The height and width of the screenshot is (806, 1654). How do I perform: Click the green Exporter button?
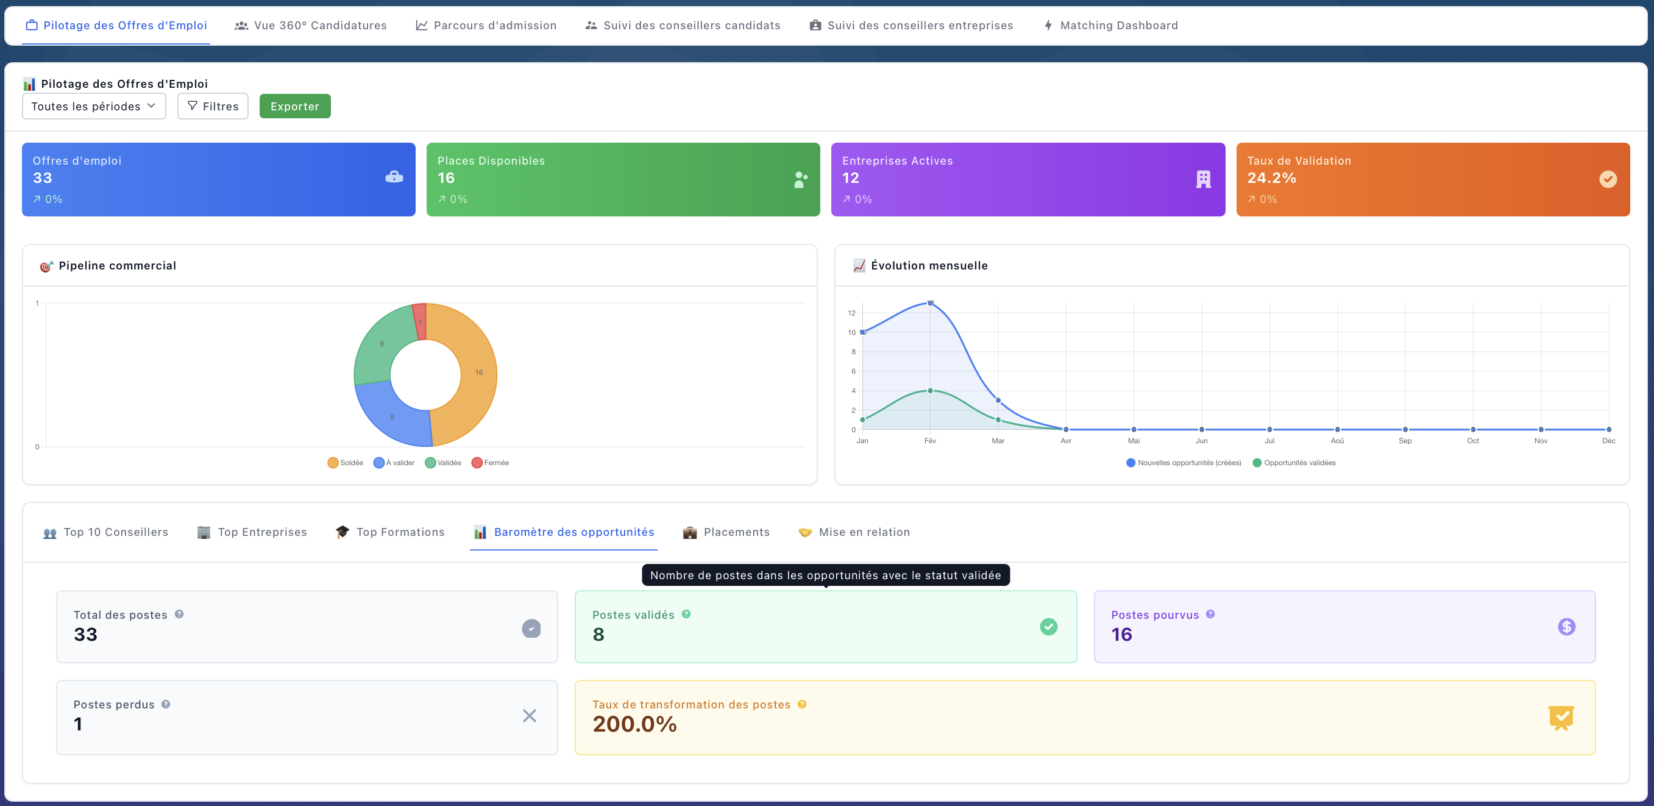[x=295, y=106]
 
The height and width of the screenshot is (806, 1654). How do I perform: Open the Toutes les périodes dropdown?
[x=94, y=106]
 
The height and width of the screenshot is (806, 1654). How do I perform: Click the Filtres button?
[x=213, y=106]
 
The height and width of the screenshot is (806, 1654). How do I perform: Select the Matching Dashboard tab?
[x=1111, y=25]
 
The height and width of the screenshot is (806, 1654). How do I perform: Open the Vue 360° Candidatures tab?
[x=311, y=25]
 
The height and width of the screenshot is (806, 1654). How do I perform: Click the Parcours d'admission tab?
[x=486, y=25]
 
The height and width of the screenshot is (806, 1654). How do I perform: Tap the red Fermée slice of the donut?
[x=420, y=321]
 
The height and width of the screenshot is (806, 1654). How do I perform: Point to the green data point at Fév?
[x=930, y=390]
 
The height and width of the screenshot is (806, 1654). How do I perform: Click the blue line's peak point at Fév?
[x=930, y=302]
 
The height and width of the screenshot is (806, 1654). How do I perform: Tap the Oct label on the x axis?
[x=1472, y=441]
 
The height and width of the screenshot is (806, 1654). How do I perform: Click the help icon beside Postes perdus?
[x=166, y=704]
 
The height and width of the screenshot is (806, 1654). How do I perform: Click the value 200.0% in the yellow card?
[x=634, y=724]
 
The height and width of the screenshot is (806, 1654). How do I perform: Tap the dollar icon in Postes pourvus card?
[x=1566, y=626]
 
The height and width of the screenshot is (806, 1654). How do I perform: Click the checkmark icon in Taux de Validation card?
[x=1607, y=179]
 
